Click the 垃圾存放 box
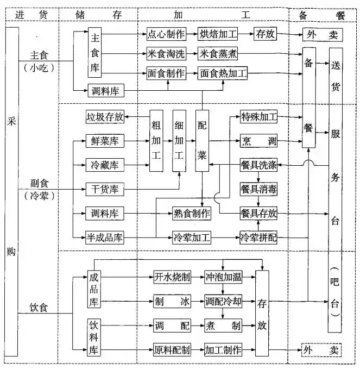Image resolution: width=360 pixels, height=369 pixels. [105, 116]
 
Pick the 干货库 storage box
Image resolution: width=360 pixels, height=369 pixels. [105, 189]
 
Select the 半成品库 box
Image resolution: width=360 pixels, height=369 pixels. [105, 237]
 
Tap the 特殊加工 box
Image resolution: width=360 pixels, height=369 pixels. [258, 116]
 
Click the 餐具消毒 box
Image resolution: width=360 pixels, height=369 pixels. [258, 189]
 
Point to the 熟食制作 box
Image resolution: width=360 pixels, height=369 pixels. [192, 213]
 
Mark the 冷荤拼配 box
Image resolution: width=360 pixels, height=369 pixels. [258, 237]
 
